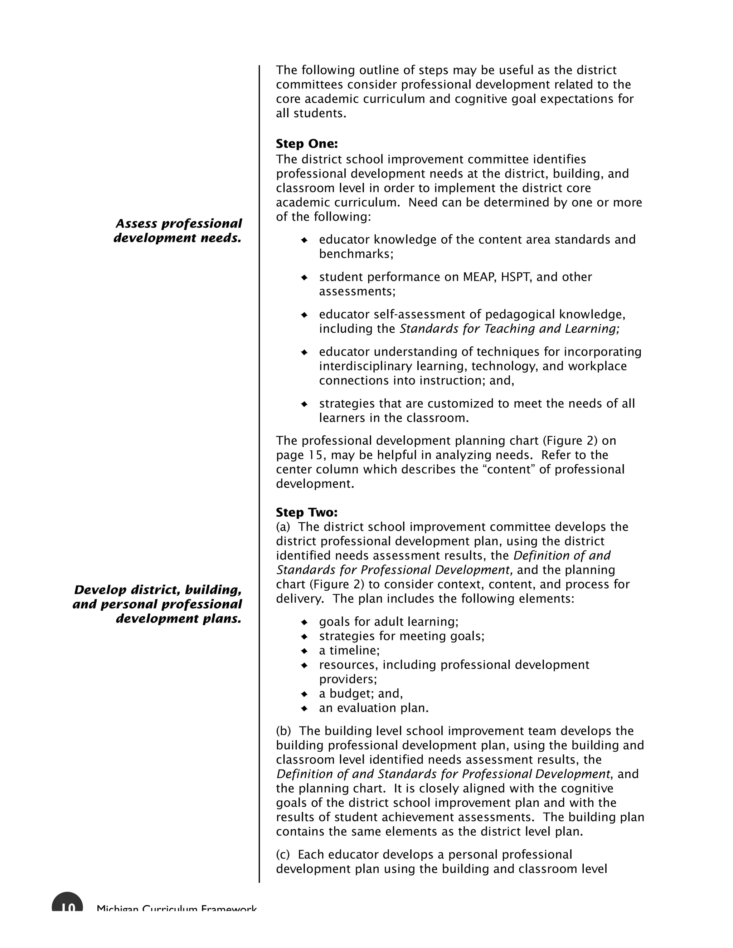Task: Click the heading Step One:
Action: click(307, 144)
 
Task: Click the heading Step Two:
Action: click(307, 512)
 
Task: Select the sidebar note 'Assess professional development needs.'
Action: click(178, 230)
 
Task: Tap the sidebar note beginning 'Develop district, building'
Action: click(157, 604)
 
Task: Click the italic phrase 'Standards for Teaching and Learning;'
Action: click(509, 329)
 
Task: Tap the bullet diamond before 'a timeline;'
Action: click(305, 651)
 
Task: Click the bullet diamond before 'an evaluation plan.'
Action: click(305, 708)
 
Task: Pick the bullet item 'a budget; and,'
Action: click(361, 694)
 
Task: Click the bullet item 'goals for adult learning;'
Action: click(389, 622)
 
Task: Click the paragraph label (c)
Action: click(283, 855)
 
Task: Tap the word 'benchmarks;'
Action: click(356, 254)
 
